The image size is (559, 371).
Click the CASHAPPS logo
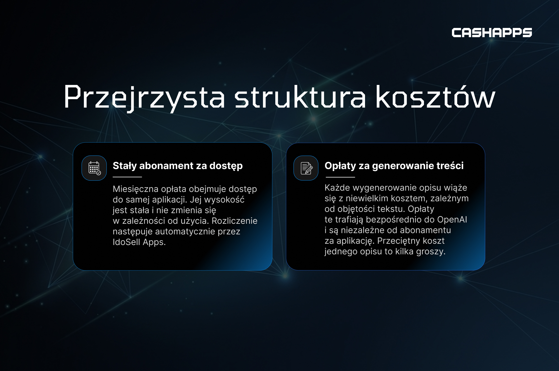(492, 33)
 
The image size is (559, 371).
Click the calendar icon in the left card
(94, 168)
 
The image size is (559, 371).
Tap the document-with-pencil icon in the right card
(306, 168)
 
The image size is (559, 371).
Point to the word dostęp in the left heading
(226, 166)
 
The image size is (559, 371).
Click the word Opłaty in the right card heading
(340, 166)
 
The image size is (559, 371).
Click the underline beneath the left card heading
(127, 177)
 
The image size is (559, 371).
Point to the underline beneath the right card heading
(340, 177)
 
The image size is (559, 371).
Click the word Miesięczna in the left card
(136, 189)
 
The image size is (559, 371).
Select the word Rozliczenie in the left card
(235, 221)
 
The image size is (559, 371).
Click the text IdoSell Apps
(139, 242)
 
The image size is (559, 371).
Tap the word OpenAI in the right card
(452, 220)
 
